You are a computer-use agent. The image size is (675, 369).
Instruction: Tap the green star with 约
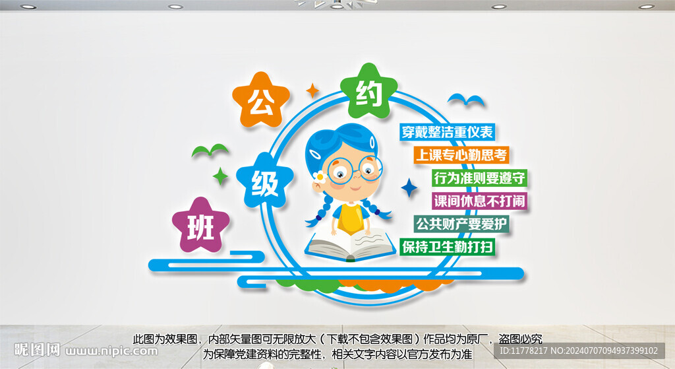point(369,92)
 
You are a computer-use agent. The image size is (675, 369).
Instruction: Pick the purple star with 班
point(200,226)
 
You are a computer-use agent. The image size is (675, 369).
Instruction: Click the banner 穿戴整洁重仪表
point(448,132)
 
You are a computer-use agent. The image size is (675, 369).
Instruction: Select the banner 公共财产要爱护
point(461,224)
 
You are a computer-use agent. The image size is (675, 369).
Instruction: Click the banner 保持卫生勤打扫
point(448,247)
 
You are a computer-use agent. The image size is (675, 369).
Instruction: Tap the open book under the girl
point(351,246)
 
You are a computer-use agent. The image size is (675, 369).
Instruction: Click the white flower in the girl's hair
point(322,176)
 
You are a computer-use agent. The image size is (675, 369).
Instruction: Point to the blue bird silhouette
point(465,101)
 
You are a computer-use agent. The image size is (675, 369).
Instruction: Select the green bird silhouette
point(209,151)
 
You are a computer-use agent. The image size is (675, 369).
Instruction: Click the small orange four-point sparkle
point(313,89)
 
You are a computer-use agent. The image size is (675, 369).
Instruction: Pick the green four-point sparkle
point(220,176)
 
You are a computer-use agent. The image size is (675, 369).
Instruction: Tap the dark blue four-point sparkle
point(409,188)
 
